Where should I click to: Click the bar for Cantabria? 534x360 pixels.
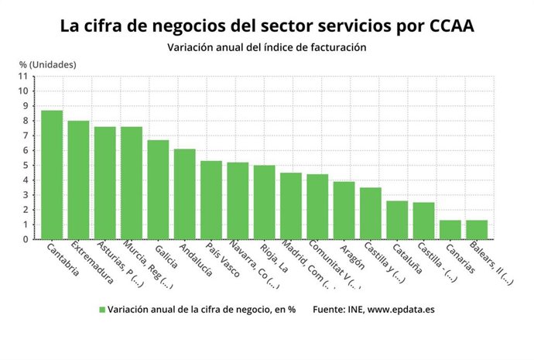pos(52,175)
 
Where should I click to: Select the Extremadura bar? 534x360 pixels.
pos(78,180)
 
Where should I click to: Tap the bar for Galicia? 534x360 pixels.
pos(158,190)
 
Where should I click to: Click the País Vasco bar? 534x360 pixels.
pos(211,200)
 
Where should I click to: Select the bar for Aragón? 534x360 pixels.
pos(344,211)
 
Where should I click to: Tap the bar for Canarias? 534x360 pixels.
pos(450,230)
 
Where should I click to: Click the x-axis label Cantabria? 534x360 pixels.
pos(62,260)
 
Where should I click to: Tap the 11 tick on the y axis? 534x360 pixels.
pos(23,76)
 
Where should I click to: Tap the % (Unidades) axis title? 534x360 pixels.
pos(47,63)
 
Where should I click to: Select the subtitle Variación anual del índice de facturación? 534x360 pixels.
pos(266,47)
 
